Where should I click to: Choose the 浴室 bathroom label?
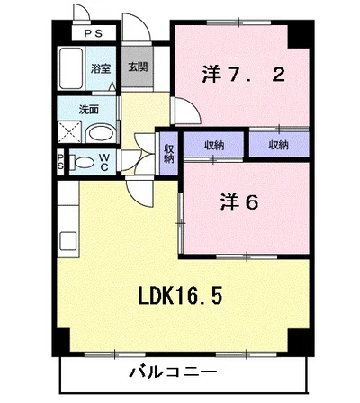pos(100,68)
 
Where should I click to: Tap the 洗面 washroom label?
pos(89,110)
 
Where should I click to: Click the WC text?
pos(104,163)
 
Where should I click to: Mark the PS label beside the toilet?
pos(60,163)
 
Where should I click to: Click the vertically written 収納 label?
pos(169,148)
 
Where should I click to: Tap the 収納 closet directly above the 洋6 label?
pos(213,145)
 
